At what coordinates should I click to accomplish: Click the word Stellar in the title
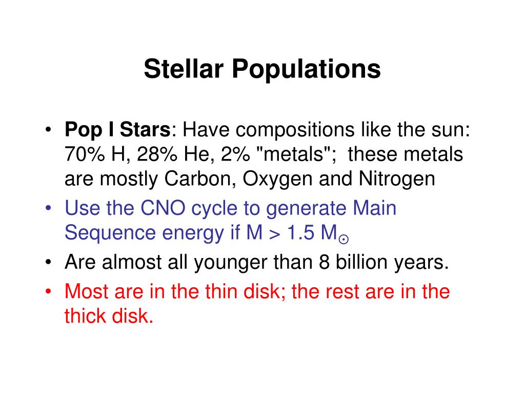click(184, 69)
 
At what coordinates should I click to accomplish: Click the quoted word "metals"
click(293, 154)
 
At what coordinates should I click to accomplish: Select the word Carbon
click(200, 179)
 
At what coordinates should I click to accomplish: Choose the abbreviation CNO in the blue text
click(163, 208)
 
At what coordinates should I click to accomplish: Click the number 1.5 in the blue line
click(300, 232)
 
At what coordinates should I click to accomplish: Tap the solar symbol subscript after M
click(344, 239)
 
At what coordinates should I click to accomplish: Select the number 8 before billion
click(324, 262)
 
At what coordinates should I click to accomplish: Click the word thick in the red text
click(85, 316)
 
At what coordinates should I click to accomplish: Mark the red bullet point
click(49, 291)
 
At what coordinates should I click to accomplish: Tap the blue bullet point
click(49, 208)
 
